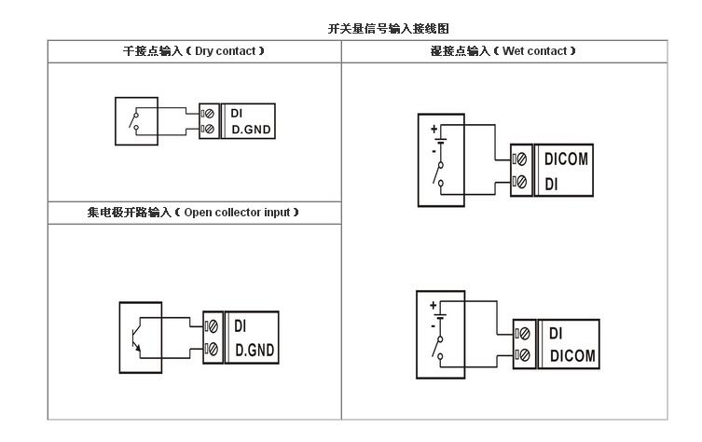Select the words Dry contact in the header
(x=225, y=50)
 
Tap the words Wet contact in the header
(x=535, y=50)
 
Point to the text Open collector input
(x=239, y=213)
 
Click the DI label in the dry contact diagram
(x=237, y=113)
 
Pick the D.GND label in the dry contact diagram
(x=251, y=129)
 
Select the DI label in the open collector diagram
(x=240, y=326)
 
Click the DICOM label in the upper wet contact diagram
(x=566, y=159)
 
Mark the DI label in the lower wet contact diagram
(x=556, y=332)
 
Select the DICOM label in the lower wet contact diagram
(x=571, y=355)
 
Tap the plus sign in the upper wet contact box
(x=434, y=126)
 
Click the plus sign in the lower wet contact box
(x=433, y=305)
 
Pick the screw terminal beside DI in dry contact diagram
(x=209, y=113)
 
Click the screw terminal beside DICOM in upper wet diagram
(x=522, y=159)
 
